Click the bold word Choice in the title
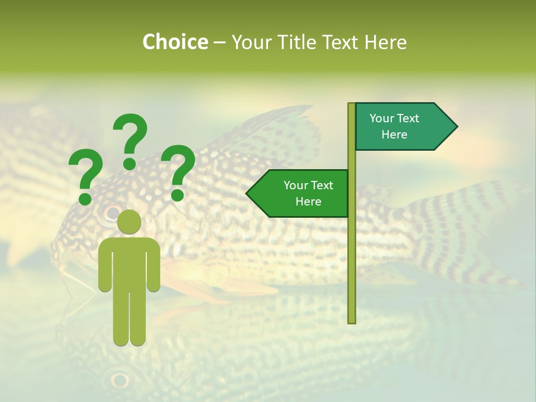pos(175,42)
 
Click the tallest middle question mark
pos(130,140)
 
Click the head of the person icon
pos(130,222)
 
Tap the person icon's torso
pos(130,262)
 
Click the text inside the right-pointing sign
pos(394,126)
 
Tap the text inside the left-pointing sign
pos(308,193)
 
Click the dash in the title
pos(219,42)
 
